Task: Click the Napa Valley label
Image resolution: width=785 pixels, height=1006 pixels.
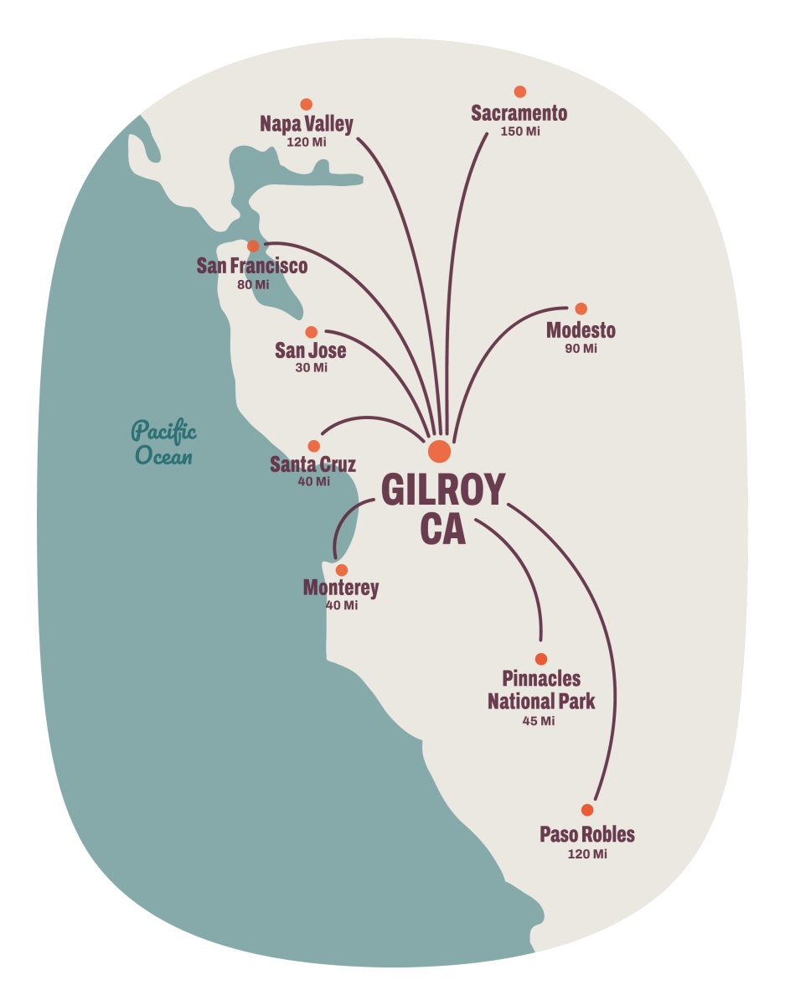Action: click(307, 125)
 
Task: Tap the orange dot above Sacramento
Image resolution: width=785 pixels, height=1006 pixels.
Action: click(519, 91)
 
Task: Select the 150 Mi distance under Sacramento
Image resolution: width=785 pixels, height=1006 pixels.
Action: click(519, 132)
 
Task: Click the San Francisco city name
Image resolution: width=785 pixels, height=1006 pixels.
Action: click(252, 267)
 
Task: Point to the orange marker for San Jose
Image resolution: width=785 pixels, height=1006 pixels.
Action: click(311, 332)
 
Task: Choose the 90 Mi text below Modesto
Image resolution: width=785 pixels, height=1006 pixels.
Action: click(581, 349)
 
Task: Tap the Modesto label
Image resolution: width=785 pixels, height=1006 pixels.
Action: click(581, 330)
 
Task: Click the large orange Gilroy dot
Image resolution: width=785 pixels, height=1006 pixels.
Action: click(439, 451)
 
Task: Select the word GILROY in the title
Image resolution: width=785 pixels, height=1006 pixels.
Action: click(443, 490)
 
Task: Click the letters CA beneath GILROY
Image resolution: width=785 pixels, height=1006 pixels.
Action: click(443, 530)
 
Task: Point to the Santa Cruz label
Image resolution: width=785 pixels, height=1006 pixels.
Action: click(312, 464)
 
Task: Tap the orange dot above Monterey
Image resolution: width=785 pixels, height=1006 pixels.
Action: click(341, 570)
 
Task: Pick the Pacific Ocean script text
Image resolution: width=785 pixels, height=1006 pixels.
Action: click(164, 444)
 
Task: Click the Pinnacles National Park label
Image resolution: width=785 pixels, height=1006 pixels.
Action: click(541, 690)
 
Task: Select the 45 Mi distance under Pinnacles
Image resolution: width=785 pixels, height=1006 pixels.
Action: click(538, 721)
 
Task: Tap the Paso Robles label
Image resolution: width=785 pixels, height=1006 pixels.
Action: click(586, 835)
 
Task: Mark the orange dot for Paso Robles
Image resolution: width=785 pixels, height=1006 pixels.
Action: click(586, 810)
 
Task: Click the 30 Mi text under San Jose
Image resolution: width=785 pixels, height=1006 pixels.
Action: click(311, 368)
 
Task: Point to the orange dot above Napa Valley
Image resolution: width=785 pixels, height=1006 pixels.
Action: click(306, 104)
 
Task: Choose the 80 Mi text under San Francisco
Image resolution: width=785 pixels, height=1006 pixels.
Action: click(253, 285)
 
